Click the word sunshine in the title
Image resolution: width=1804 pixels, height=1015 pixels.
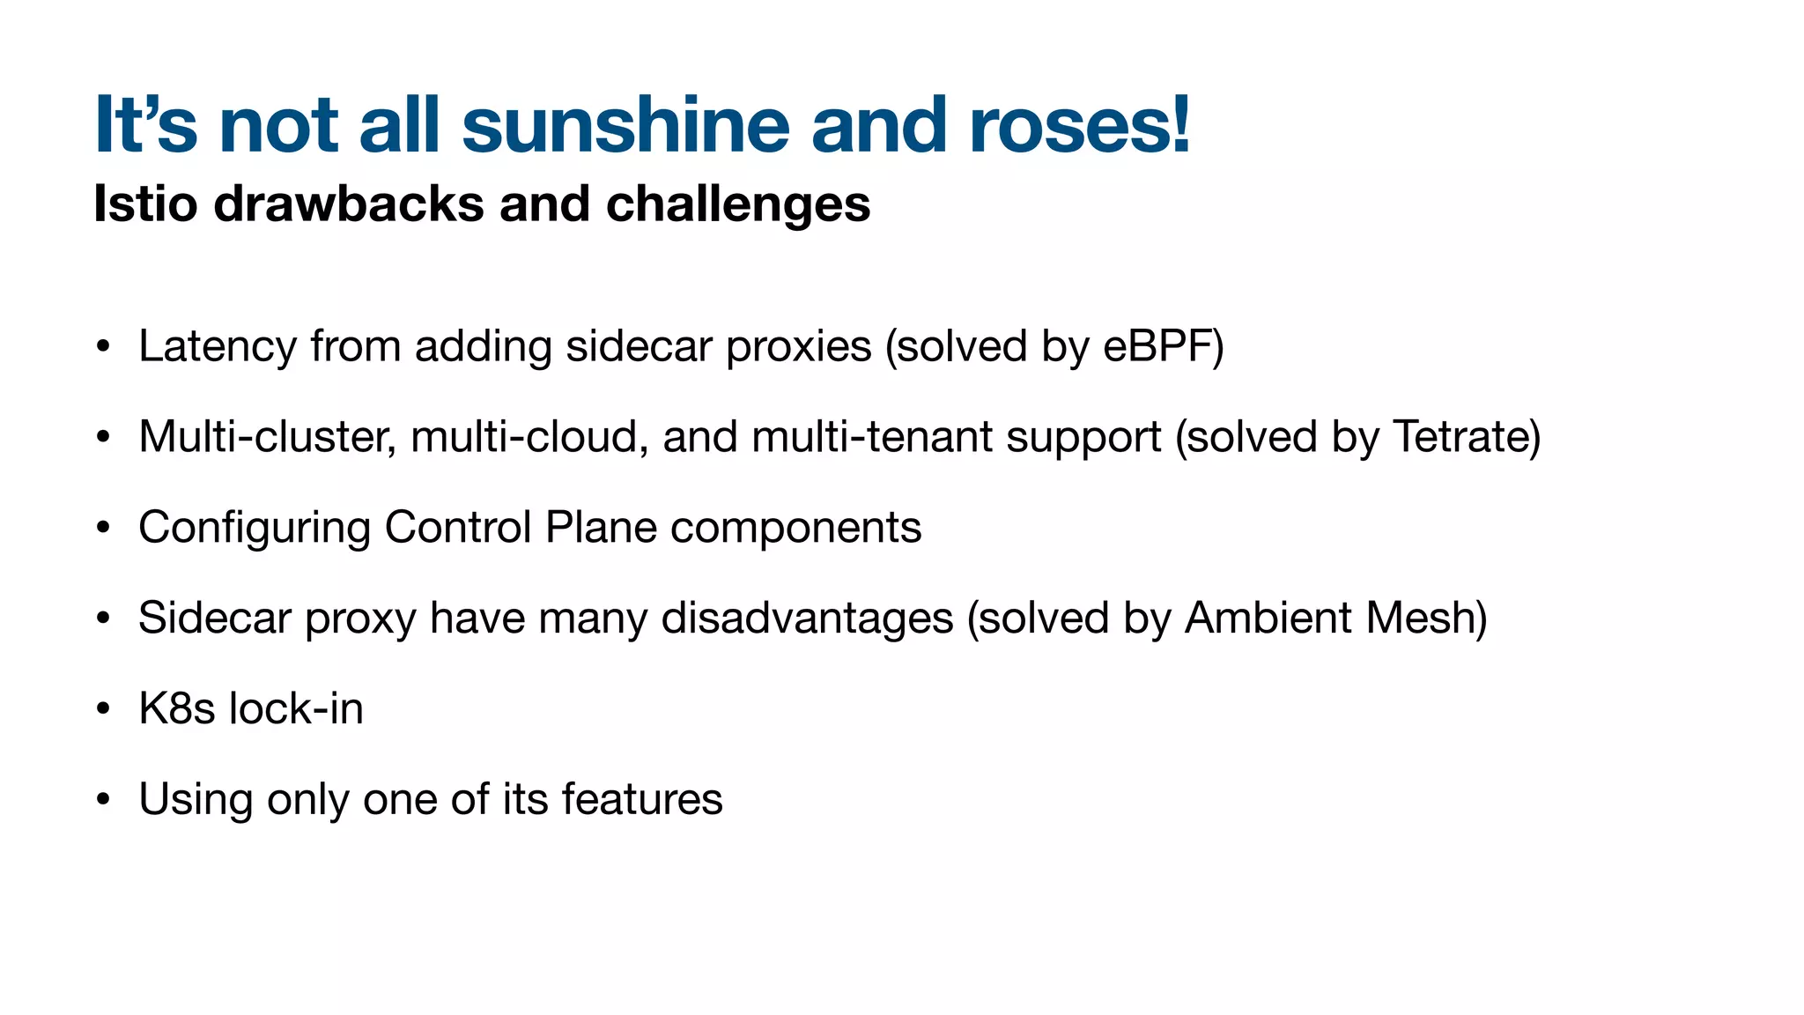pos(625,125)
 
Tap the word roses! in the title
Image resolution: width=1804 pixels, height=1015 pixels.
pos(1079,125)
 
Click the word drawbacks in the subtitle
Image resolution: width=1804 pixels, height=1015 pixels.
pos(348,204)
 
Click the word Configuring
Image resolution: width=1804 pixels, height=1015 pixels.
pos(255,529)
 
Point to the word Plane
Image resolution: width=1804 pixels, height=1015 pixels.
pos(601,528)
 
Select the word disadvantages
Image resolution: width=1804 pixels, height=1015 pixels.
pos(807,619)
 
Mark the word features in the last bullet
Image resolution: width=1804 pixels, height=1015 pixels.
pos(642,800)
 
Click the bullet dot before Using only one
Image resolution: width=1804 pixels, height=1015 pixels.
pos(104,800)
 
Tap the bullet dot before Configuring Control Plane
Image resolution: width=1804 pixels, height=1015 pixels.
pos(104,529)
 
